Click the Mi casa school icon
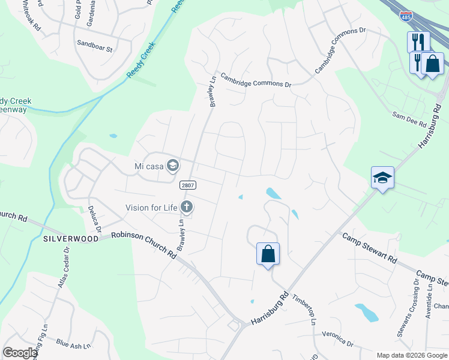pos(173,165)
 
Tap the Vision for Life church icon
pos(187,208)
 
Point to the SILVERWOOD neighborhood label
pos(71,238)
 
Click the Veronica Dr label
pos(337,338)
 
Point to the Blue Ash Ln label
pos(73,344)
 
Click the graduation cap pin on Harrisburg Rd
pos(382,178)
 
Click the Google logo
pos(20,353)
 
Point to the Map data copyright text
pos(411,355)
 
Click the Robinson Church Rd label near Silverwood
pos(143,244)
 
